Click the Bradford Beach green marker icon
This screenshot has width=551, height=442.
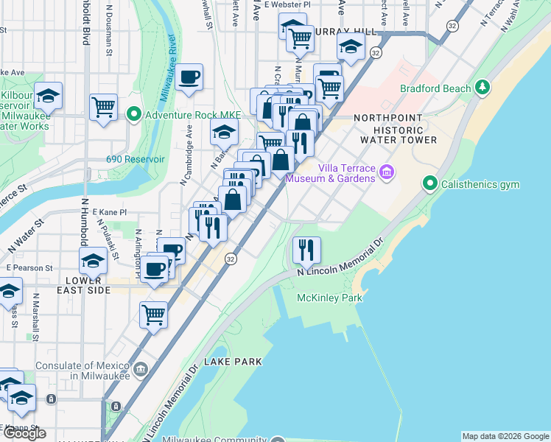[x=483, y=88]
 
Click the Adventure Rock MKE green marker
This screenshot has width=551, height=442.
[x=133, y=115]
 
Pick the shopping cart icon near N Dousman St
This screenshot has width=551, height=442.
[x=104, y=107]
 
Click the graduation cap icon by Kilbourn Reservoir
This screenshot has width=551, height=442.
[x=48, y=96]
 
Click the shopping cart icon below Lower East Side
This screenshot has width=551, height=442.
[x=154, y=315]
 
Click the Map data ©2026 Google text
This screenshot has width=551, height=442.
[x=505, y=436]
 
